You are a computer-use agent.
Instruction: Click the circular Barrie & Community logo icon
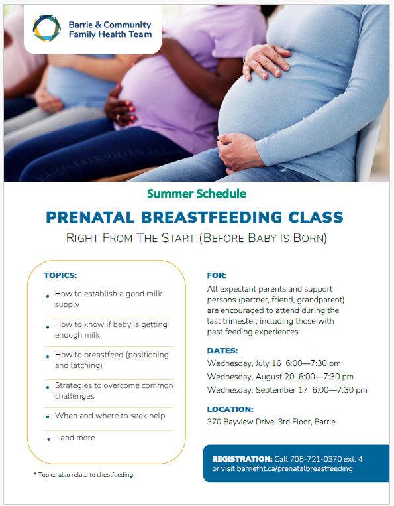point(47,29)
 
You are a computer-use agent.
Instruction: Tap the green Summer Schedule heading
point(197,194)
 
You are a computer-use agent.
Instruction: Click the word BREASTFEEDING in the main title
point(211,217)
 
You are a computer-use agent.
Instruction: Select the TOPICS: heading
point(60,275)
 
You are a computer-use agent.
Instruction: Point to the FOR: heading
point(217,275)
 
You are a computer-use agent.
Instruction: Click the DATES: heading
point(222,351)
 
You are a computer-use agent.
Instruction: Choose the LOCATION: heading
point(230,409)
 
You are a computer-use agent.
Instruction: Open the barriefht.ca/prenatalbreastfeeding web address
point(295,468)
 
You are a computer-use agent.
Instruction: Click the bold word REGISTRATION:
point(242,459)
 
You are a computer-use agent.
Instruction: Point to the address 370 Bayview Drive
point(240,422)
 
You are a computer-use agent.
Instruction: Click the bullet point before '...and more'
point(48,439)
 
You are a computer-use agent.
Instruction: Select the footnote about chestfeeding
point(83,475)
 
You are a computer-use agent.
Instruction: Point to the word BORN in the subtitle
point(309,238)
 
